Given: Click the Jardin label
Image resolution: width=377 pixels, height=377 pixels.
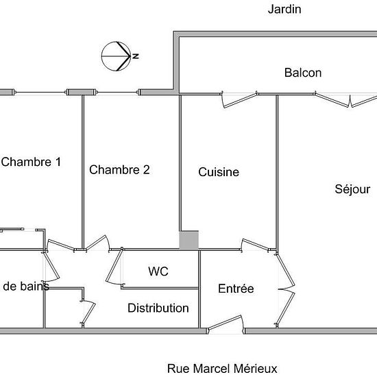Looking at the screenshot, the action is point(284,10).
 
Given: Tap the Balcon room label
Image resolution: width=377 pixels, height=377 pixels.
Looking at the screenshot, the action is point(303,73).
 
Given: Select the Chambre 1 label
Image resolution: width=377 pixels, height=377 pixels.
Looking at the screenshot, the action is point(31,162).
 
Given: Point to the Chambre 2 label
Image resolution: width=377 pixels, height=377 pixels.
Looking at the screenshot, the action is point(119,170).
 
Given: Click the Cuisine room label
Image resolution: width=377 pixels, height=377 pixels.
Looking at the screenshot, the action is point(219,172).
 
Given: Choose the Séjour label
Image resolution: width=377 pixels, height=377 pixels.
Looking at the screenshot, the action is point(352,189).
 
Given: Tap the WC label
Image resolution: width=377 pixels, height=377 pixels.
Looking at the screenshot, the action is point(158,271).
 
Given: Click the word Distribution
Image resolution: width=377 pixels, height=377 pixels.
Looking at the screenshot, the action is point(158,308).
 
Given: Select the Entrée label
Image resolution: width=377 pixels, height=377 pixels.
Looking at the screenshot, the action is point(236,289).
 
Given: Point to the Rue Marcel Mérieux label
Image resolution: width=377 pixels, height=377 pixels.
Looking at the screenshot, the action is point(222,369).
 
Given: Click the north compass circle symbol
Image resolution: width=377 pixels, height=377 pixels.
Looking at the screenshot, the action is point(116,56).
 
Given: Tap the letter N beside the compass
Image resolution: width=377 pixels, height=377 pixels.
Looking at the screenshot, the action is point(136,56).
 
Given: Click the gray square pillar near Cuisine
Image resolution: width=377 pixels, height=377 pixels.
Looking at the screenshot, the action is point(189,240).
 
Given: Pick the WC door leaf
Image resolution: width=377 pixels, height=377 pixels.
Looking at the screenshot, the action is point(114,266).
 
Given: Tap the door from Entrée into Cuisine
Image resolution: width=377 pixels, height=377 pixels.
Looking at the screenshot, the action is point(256,244).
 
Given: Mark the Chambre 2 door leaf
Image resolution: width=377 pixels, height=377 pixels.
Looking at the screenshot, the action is point(96,242).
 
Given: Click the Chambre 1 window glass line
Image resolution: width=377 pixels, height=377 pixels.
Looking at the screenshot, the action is point(40,93).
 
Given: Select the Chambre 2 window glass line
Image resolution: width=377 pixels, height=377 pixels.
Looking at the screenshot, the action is point(117,93).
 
